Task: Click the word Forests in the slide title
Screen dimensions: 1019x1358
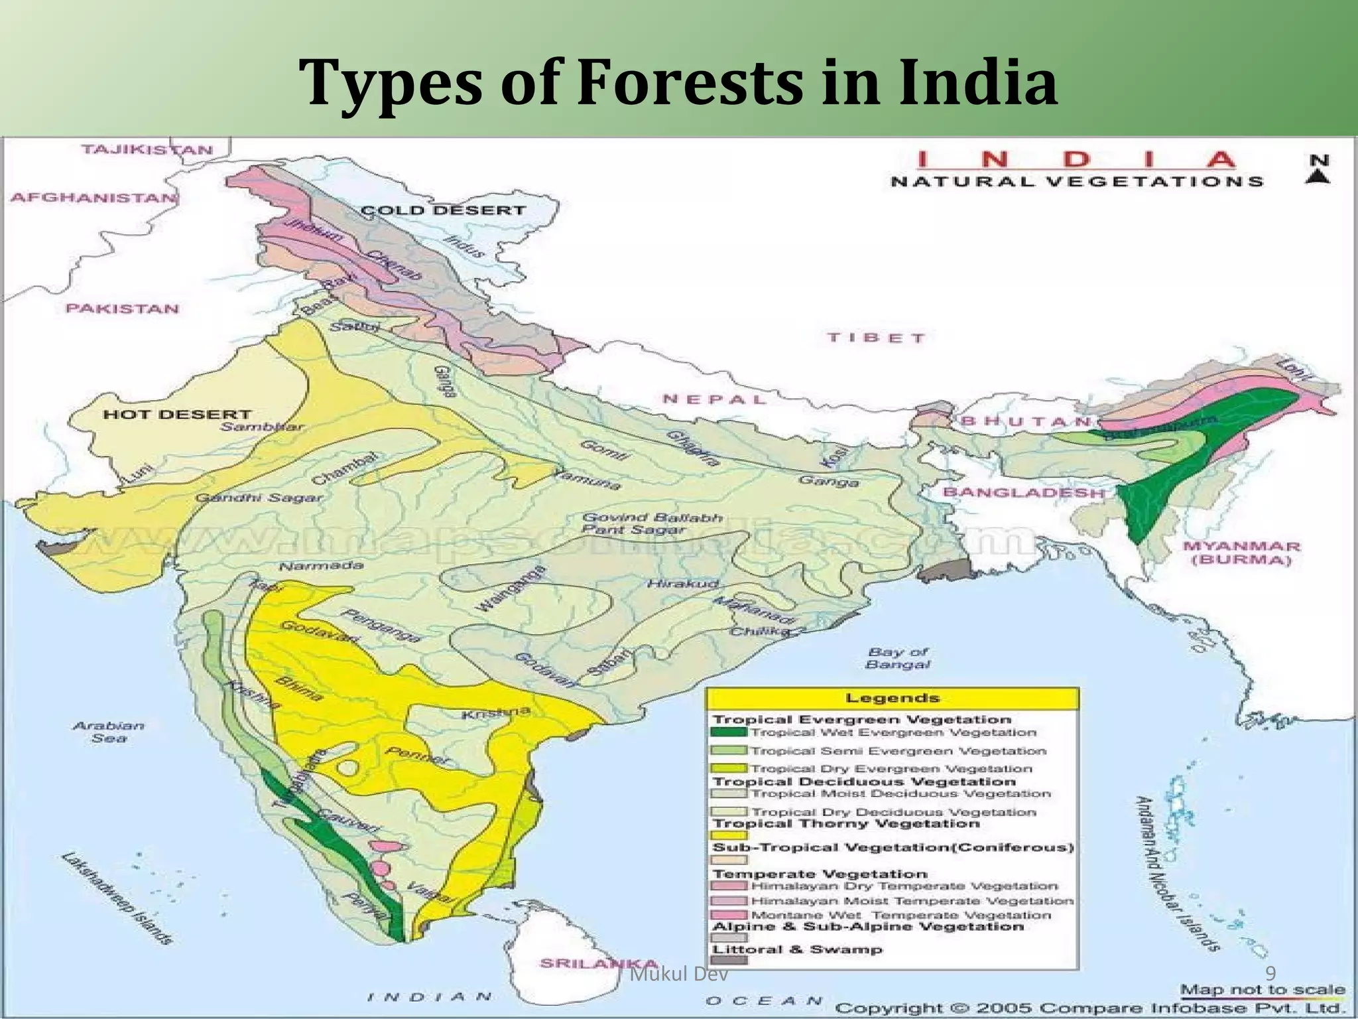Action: pyautogui.click(x=689, y=83)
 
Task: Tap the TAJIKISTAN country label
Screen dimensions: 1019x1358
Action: pyautogui.click(x=147, y=149)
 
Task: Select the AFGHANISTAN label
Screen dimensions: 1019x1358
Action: pyautogui.click(x=93, y=198)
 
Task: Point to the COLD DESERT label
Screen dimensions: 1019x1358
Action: pyautogui.click(x=442, y=210)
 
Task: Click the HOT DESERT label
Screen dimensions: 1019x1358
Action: pyautogui.click(x=176, y=415)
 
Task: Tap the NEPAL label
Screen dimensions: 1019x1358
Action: pyautogui.click(x=714, y=399)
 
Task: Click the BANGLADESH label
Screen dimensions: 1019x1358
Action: pyautogui.click(x=1024, y=492)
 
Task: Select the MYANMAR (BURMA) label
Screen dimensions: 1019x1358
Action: pyautogui.click(x=1241, y=553)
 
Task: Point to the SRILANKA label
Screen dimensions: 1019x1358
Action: pyautogui.click(x=598, y=963)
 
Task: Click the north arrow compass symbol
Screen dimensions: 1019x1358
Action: pyautogui.click(x=1318, y=169)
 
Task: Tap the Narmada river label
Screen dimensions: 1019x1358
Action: pyautogui.click(x=321, y=566)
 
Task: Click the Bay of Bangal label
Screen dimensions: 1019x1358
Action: pyautogui.click(x=898, y=658)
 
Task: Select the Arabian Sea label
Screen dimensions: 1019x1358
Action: pyautogui.click(x=108, y=731)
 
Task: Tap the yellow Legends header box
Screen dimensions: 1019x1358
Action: pyautogui.click(x=892, y=698)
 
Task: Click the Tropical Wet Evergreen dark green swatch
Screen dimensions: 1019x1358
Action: pyautogui.click(x=728, y=732)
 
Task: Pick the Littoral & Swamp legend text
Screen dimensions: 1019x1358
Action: pyautogui.click(x=797, y=949)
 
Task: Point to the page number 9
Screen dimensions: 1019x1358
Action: pyautogui.click(x=1270, y=974)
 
